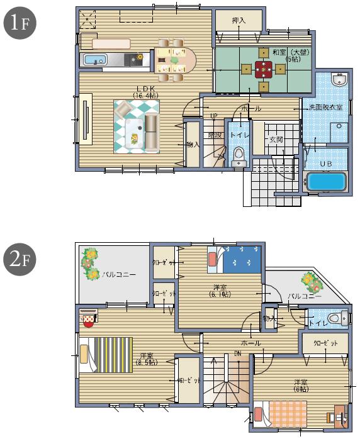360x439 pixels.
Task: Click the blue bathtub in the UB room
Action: click(x=327, y=182)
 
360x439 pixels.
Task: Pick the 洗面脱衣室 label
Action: click(x=325, y=108)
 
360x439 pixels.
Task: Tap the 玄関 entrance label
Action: click(x=276, y=139)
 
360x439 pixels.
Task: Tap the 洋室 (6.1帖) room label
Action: click(x=220, y=291)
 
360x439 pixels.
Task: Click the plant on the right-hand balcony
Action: click(x=310, y=279)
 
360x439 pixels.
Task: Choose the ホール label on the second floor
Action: click(x=251, y=343)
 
